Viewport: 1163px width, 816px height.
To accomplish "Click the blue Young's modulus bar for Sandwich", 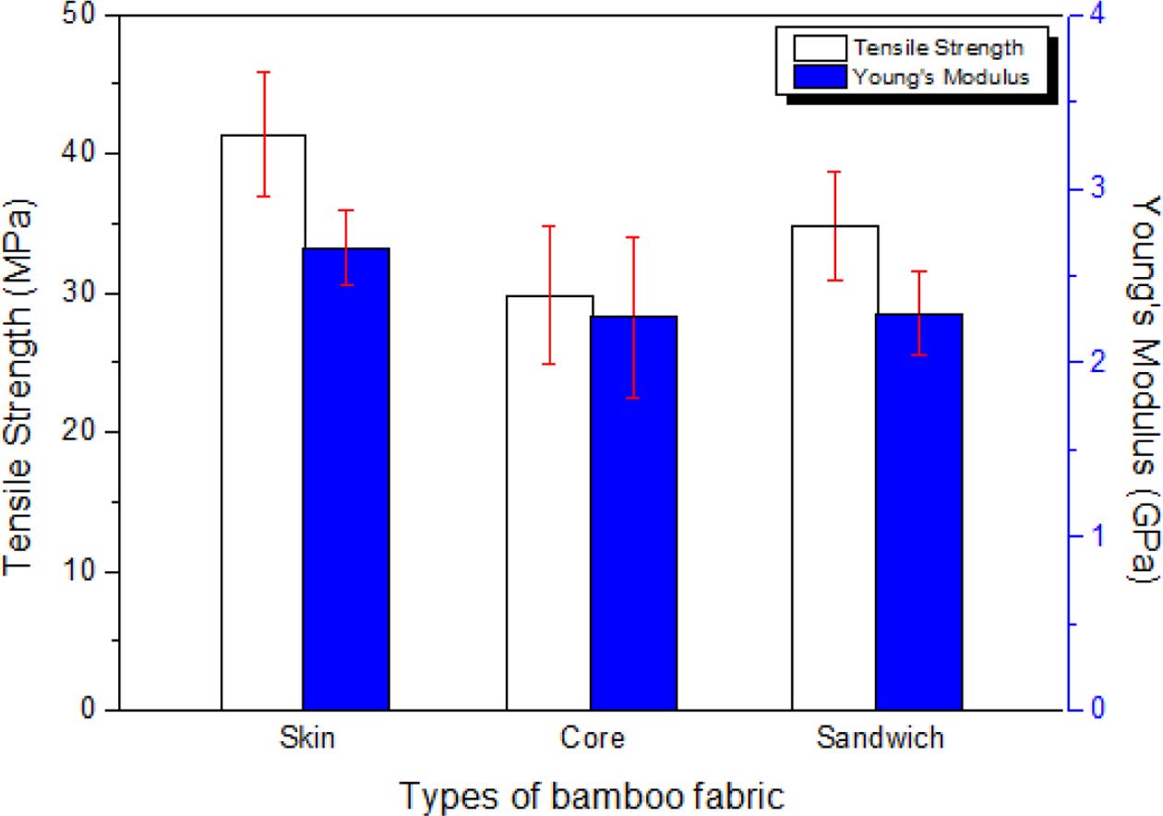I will pos(919,511).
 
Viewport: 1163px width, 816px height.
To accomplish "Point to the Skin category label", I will pos(306,738).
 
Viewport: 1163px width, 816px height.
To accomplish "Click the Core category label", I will pos(592,738).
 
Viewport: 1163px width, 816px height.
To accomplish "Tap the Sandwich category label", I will pos(880,738).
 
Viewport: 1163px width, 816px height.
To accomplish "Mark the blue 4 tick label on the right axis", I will pos(1099,17).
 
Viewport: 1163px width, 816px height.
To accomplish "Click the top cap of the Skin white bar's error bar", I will pos(264,72).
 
